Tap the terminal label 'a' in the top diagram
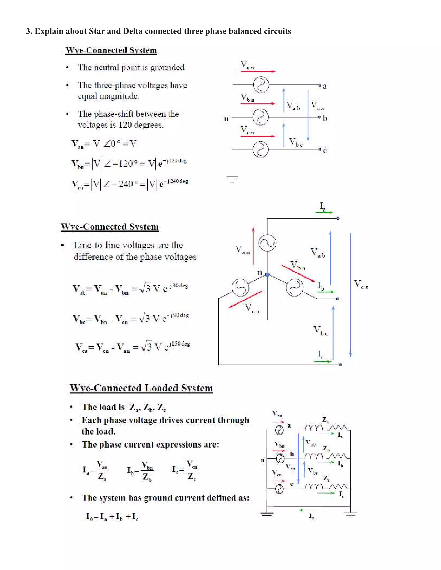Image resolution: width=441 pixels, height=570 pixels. tap(325, 86)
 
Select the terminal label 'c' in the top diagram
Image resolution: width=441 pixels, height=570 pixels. tap(325, 151)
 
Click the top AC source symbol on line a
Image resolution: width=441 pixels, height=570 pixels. tap(261, 85)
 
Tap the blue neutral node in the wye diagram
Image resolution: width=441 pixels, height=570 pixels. tap(267, 274)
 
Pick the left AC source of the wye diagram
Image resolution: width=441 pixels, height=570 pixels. tap(240, 288)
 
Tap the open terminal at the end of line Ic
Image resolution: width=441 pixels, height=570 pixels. tap(340, 365)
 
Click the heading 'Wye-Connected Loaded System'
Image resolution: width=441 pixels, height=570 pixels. tap(141, 388)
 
